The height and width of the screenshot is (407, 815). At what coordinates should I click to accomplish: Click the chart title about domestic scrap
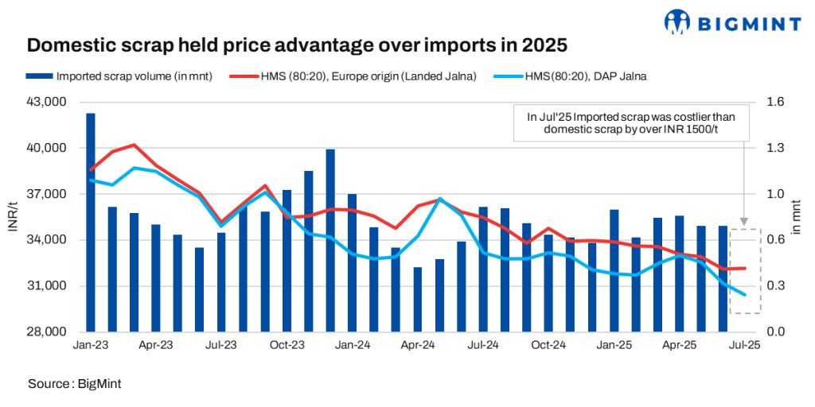coord(297,45)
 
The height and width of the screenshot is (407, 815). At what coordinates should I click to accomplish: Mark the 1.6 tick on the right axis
coord(776,103)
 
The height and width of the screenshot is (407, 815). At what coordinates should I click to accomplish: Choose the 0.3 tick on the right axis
coord(776,285)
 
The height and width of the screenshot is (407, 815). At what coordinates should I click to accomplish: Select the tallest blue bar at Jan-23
coord(91,223)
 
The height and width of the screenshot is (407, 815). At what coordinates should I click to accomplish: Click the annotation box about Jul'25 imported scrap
coord(633,122)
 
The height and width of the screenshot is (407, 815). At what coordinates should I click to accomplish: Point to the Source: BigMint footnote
coord(74,384)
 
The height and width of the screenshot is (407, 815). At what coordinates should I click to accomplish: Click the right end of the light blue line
coord(744,295)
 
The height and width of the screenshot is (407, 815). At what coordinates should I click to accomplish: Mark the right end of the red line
coord(745,268)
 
